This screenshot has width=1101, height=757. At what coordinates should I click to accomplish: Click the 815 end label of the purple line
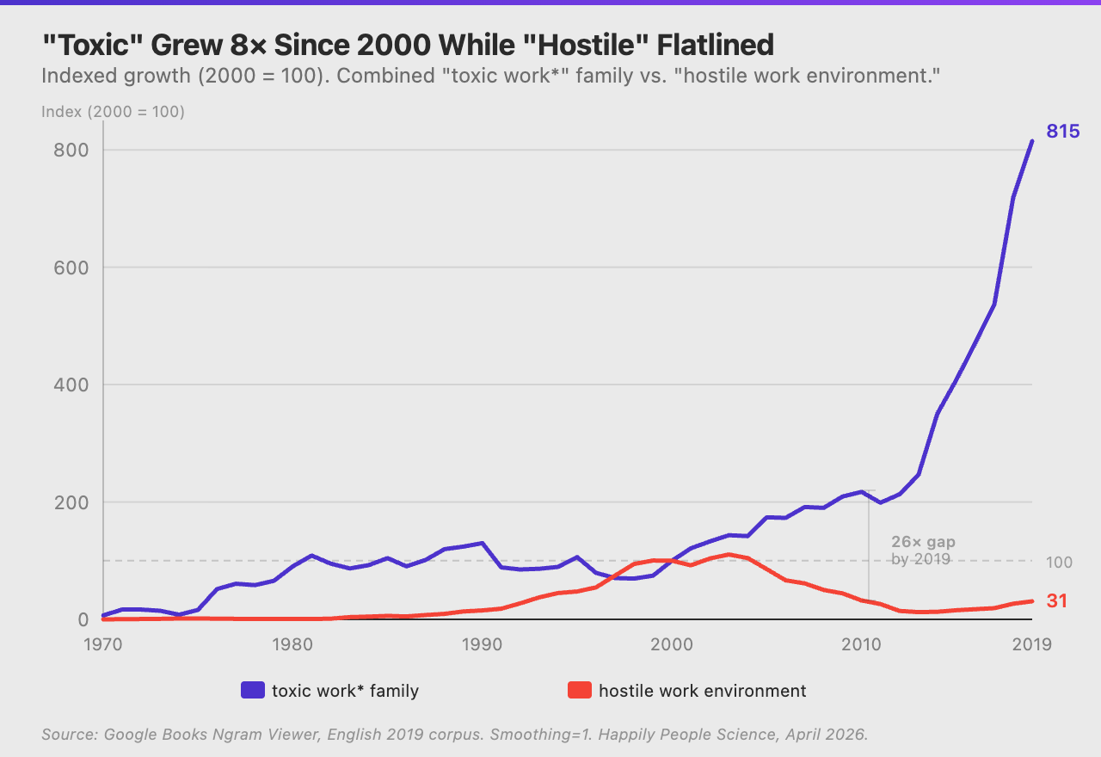[1062, 132]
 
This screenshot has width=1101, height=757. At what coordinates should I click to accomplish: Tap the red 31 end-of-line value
[1057, 601]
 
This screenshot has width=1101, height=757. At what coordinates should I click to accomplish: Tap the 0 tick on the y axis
[83, 619]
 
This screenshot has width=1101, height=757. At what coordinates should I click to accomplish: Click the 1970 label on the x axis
[102, 644]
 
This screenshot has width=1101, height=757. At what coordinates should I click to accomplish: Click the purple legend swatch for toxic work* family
[252, 690]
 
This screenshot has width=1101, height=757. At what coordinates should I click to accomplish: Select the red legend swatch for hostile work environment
[580, 690]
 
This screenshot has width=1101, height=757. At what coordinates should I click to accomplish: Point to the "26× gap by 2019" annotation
[922, 551]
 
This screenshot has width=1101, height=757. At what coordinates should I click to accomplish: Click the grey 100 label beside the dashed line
[1060, 562]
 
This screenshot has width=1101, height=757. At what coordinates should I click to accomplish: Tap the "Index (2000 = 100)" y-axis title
[113, 112]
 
